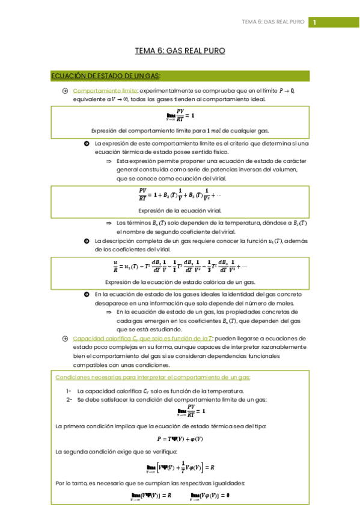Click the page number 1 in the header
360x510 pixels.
[x=314, y=22]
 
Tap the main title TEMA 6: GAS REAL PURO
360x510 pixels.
[x=180, y=51]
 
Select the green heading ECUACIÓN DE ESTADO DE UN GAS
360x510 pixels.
[x=105, y=76]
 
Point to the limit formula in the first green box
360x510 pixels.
[x=180, y=114]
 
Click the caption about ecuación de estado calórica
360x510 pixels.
[x=180, y=282]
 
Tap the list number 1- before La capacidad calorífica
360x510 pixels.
[x=69, y=390]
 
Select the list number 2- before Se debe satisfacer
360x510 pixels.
[x=69, y=400]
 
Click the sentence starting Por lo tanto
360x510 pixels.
[x=150, y=483]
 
